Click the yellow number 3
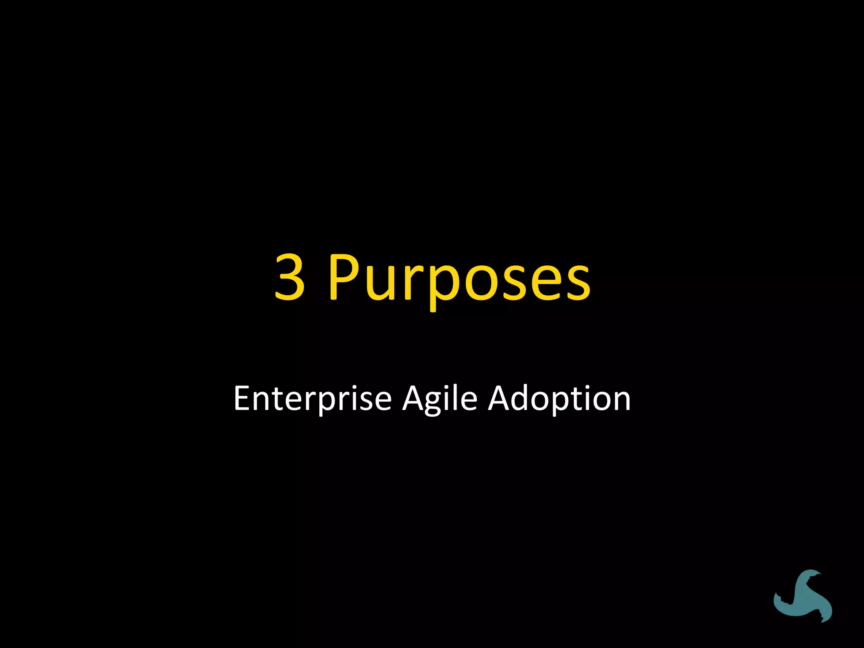[290, 277]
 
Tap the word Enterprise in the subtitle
[313, 398]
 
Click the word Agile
[440, 399]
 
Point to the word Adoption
[559, 399]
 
